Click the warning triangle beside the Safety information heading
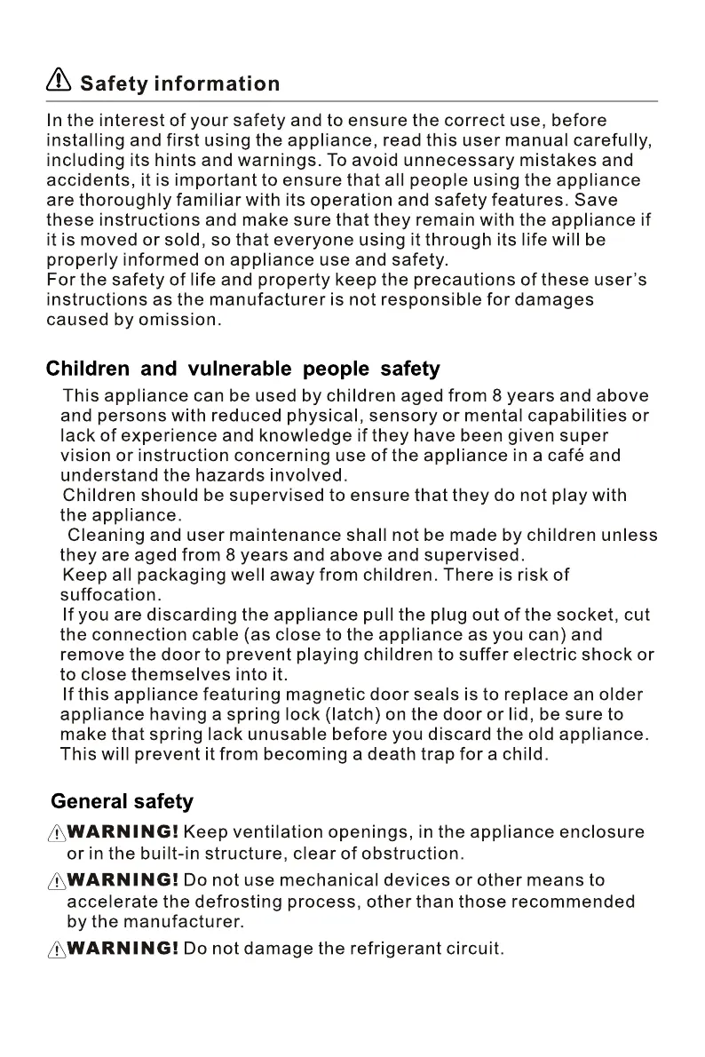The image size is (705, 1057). point(59,82)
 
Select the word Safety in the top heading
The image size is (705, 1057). point(113,84)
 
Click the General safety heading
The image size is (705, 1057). point(122,801)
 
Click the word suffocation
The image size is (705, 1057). point(109,595)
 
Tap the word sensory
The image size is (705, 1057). point(399,416)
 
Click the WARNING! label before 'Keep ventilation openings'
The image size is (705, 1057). point(123,833)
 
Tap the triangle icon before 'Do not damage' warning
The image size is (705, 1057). point(56,950)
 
